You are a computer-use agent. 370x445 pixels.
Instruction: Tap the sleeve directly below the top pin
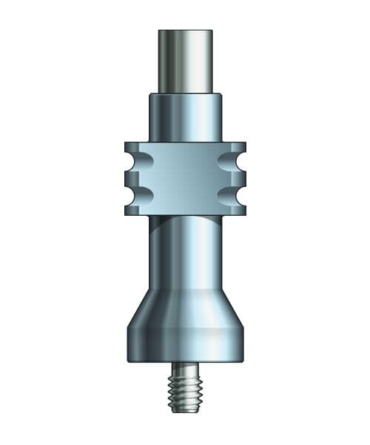pos(185,117)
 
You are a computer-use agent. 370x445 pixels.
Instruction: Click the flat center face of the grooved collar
pos(185,178)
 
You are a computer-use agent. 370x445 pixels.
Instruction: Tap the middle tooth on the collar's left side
pos(132,178)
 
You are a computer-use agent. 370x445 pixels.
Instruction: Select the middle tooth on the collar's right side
pos(238,178)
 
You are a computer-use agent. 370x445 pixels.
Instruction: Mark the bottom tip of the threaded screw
pos(185,411)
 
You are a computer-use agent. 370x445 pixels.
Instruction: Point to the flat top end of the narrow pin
pos(185,31)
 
